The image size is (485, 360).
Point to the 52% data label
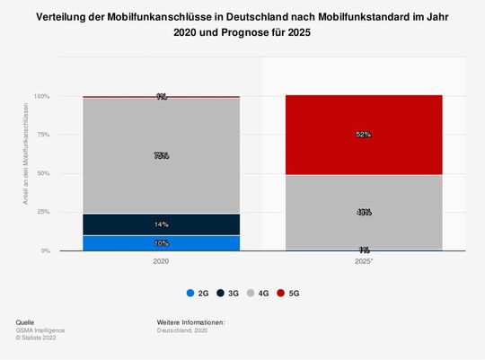(363, 135)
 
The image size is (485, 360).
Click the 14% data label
(162, 224)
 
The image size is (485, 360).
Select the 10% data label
(162, 243)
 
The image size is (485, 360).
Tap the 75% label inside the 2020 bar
(162, 155)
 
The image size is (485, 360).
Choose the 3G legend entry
(230, 293)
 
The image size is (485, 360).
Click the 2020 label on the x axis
(162, 260)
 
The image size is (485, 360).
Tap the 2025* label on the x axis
(363, 260)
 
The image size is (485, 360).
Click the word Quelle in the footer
(27, 321)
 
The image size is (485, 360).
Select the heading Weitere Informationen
(190, 321)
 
